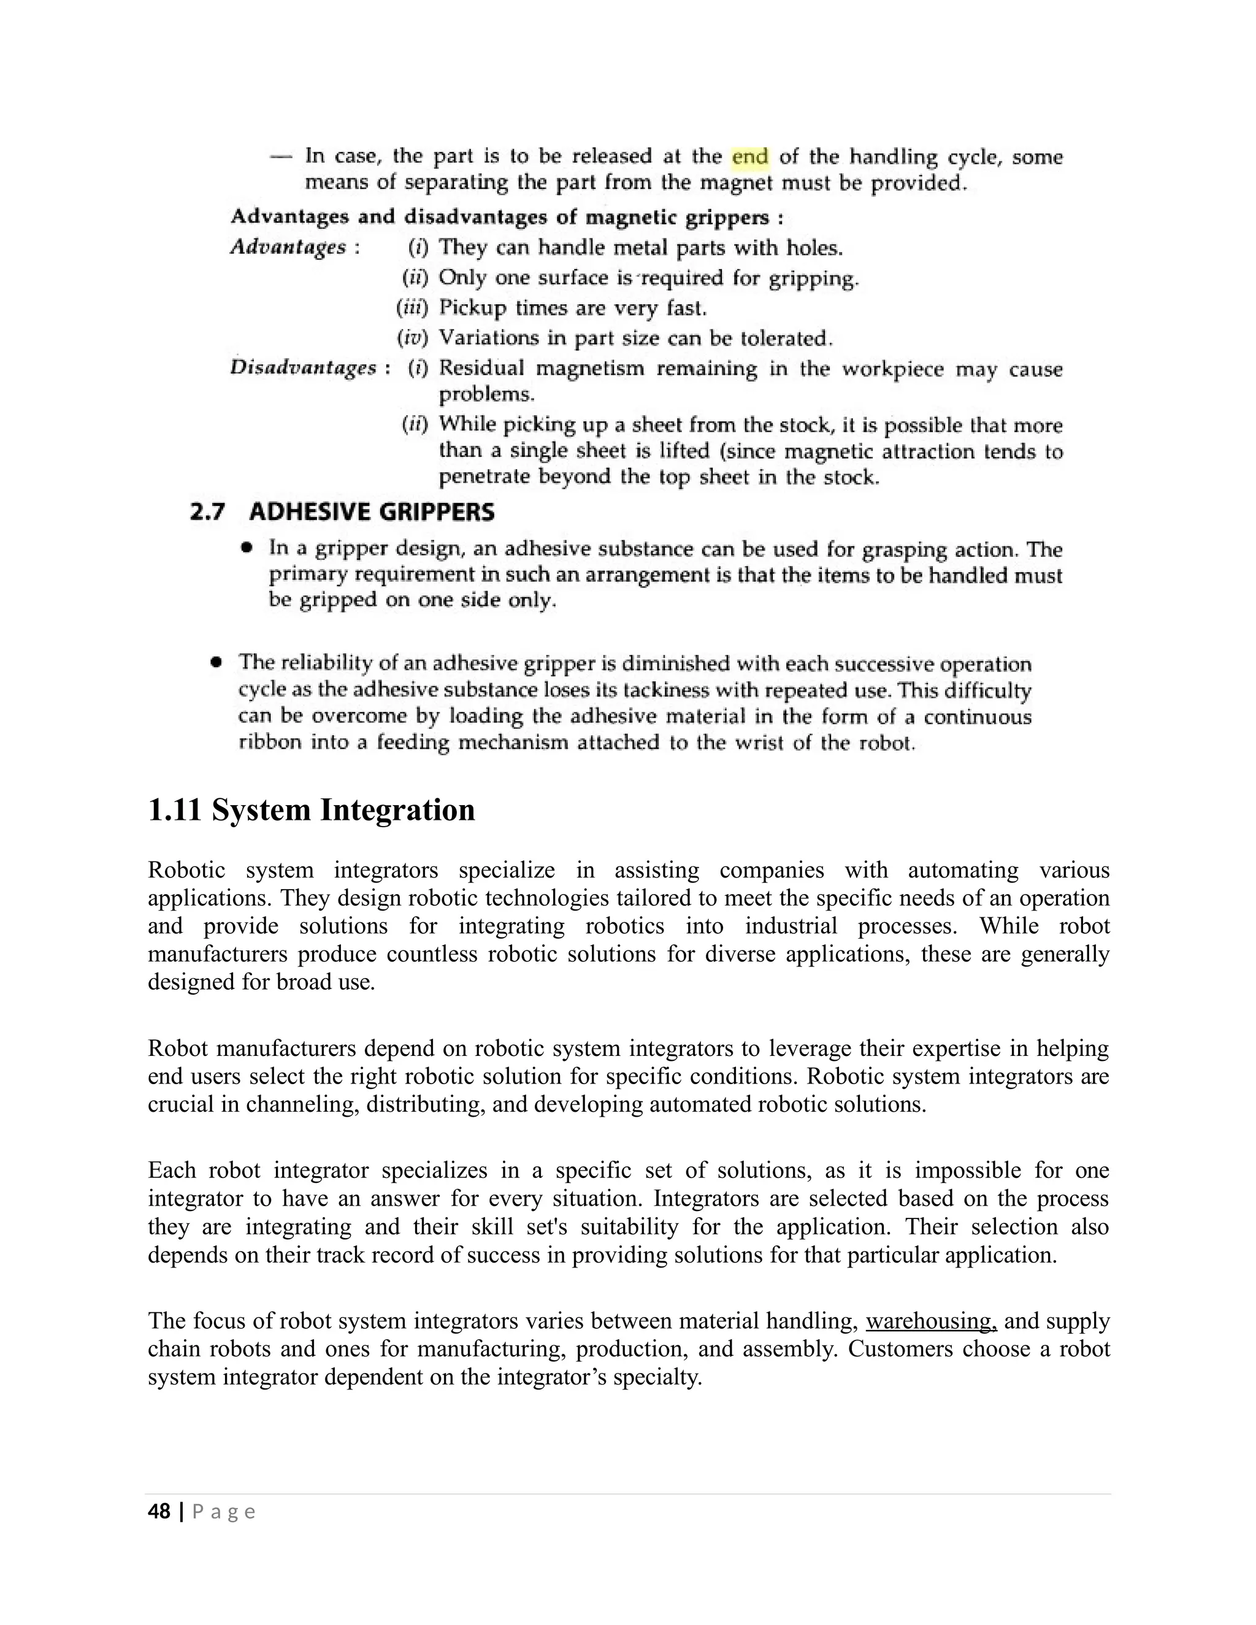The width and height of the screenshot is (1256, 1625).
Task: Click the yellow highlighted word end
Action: tap(750, 157)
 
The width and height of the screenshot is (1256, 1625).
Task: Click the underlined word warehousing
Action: tap(931, 1321)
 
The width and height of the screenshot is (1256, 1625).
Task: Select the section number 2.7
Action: tap(208, 512)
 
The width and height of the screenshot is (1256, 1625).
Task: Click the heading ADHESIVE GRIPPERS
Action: tap(371, 512)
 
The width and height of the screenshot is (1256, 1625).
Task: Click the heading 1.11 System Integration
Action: tap(311, 809)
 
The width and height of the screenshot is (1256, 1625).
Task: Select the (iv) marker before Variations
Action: tap(413, 338)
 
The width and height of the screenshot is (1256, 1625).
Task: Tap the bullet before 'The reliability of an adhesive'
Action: tap(216, 662)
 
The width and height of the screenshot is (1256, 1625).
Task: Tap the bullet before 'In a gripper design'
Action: tap(247, 548)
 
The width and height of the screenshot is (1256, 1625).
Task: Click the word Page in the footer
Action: tap(223, 1512)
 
